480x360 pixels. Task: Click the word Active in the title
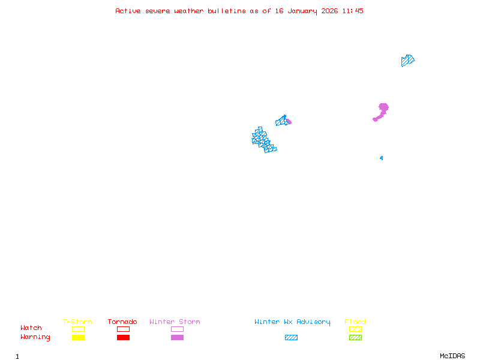coord(128,11)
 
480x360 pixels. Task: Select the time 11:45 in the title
coord(353,11)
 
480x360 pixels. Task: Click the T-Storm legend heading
coord(77,322)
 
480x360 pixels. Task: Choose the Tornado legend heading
coord(122,322)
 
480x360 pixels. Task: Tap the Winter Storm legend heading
coord(175,322)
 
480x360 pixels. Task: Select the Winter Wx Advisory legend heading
coord(292,322)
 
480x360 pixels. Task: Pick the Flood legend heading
coord(355,322)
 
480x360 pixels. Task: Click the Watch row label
coord(31,328)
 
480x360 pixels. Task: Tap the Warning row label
coord(35,337)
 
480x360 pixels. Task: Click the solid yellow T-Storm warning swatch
coord(78,338)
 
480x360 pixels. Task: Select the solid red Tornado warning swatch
coord(123,338)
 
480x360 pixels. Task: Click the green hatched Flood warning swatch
coord(355,338)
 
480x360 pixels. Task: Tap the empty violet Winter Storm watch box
coord(177,329)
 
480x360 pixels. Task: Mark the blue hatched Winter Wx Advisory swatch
coord(291,338)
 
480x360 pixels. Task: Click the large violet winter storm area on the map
coord(382,109)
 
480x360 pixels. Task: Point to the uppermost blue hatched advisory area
coord(407,60)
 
